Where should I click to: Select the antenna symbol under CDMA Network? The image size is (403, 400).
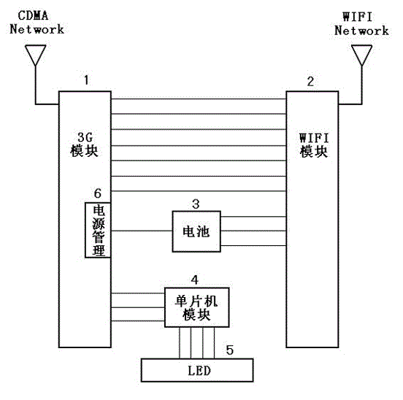(34, 55)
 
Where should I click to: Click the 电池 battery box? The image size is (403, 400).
(195, 231)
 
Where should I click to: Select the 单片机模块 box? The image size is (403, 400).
(196, 307)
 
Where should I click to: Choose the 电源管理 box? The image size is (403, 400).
(96, 230)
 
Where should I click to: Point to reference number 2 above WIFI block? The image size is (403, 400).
(310, 82)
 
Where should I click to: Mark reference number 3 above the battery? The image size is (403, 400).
(195, 202)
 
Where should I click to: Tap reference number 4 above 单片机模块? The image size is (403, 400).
(194, 280)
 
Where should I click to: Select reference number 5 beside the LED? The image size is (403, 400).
(230, 350)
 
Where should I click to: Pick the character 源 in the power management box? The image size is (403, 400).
(96, 224)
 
